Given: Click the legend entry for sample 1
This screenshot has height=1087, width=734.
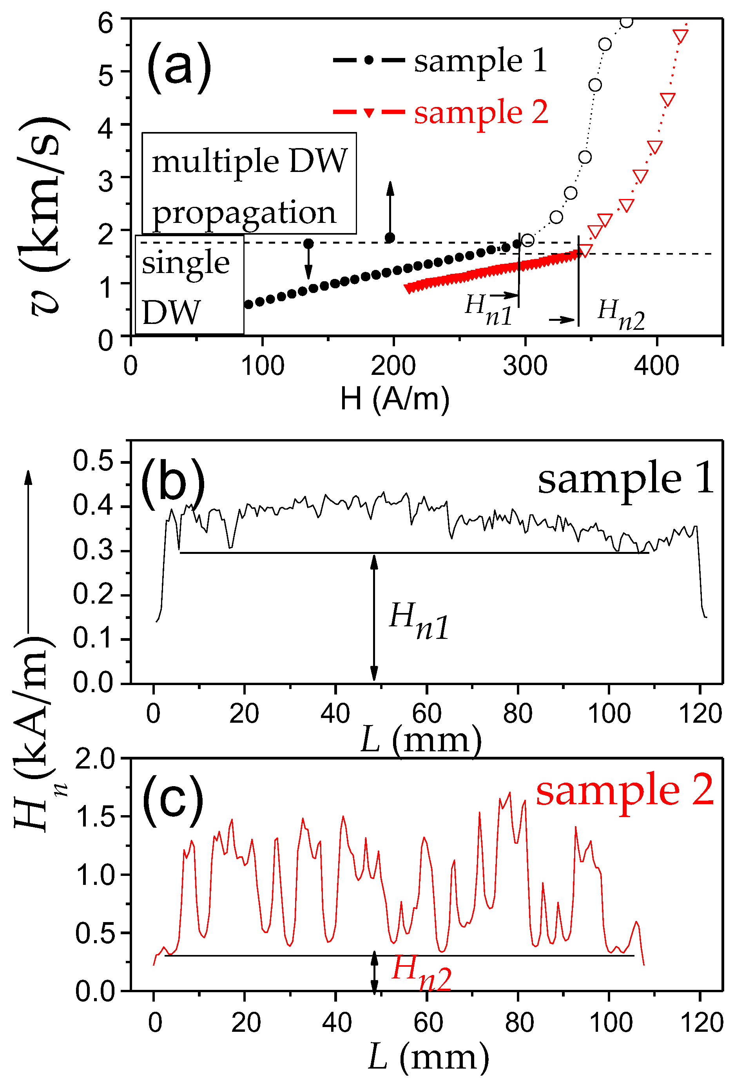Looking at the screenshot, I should click(440, 60).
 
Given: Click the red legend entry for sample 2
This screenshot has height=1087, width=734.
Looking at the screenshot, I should click(440, 112).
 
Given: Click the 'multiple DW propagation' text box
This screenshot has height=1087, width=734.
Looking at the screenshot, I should click(249, 184).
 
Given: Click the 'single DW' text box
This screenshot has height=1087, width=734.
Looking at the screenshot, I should click(189, 285).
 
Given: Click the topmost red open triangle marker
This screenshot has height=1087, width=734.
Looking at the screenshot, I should click(680, 36).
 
